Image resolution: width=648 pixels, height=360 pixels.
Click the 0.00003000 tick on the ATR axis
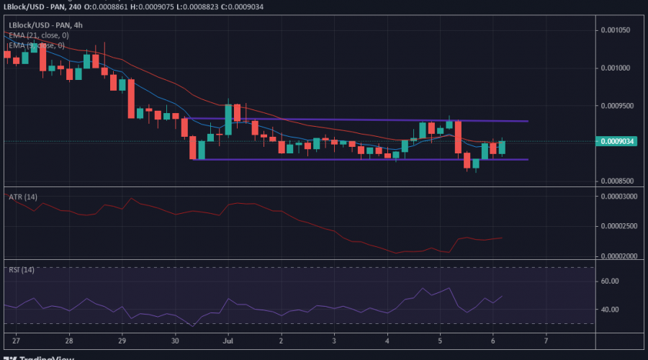[621, 196]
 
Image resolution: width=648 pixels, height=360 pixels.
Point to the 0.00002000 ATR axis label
[621, 256]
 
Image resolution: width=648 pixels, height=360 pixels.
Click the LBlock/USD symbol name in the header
[30, 6]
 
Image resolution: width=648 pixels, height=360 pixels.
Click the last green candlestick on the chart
[502, 147]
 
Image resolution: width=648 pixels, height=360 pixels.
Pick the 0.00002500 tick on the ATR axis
[621, 226]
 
